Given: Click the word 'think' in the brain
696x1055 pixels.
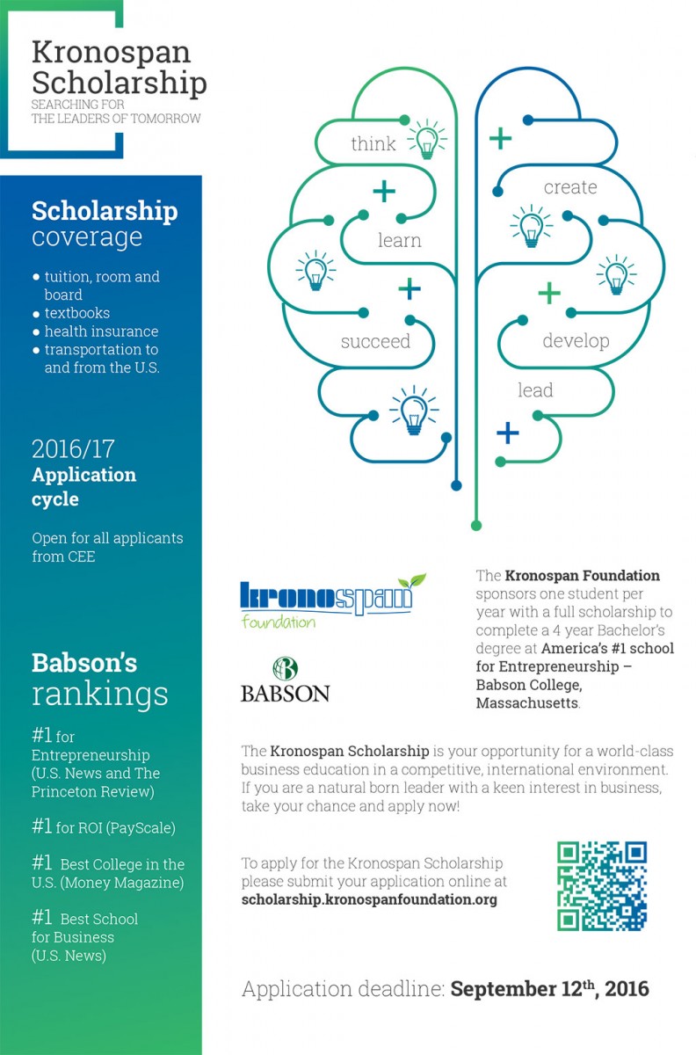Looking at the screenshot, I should tap(373, 144).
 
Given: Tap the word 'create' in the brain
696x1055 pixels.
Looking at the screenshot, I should tap(569, 187).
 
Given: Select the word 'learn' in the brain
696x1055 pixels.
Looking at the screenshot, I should tap(399, 240).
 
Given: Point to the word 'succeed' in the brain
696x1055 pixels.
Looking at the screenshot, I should tap(375, 341).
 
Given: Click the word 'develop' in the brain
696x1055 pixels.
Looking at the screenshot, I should tap(576, 341).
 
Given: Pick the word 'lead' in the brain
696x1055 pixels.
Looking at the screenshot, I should tap(535, 389).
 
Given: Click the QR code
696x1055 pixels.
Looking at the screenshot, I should tap(602, 885).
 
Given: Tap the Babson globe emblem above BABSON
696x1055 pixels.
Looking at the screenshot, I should tap(284, 668).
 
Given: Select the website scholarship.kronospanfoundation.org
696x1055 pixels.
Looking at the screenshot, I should tap(369, 899).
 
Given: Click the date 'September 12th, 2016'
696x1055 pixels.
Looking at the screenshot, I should tap(550, 989).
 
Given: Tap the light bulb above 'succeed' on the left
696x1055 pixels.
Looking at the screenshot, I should tap(315, 268).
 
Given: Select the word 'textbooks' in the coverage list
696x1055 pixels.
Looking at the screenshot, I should tap(77, 313).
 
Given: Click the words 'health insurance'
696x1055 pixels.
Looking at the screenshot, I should tap(101, 331).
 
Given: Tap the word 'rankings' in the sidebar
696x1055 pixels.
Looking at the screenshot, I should tap(99, 694).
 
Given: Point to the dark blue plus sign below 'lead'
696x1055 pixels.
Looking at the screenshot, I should tap(508, 432).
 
